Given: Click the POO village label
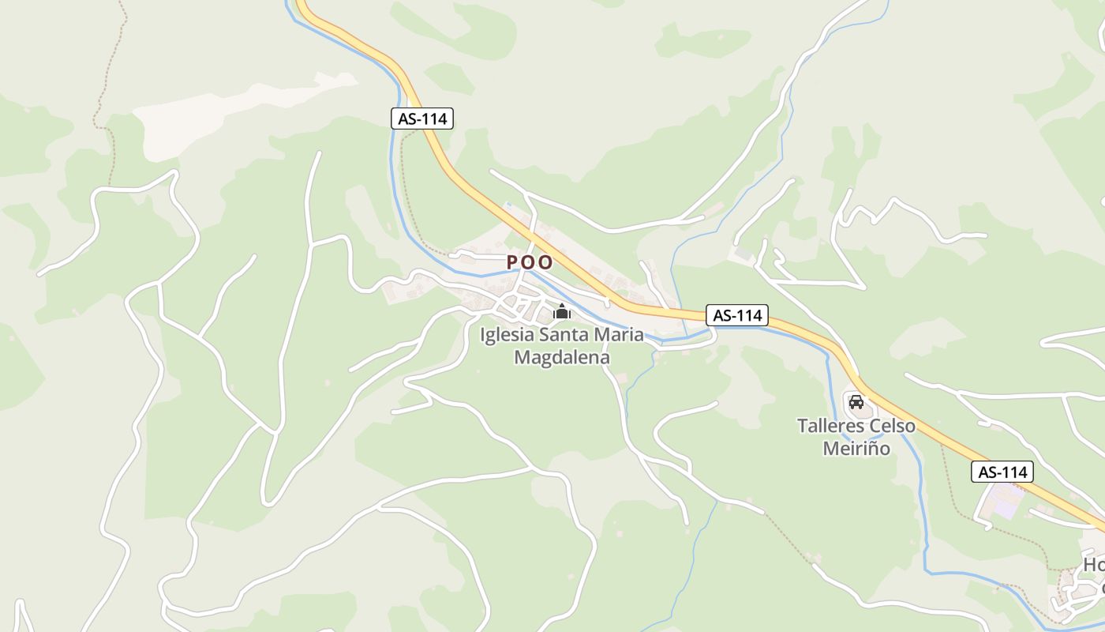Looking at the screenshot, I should click(x=530, y=261).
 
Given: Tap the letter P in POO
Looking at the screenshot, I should click(x=512, y=261).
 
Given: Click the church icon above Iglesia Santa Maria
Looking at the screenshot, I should click(x=562, y=312).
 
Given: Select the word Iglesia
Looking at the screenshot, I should click(x=506, y=335).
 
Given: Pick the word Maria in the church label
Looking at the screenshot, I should click(x=619, y=335).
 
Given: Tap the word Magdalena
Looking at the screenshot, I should click(x=562, y=357).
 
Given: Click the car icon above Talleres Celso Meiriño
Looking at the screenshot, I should click(x=856, y=401).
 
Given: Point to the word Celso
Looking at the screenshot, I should click(x=892, y=426).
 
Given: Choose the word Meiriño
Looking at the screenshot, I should click(x=856, y=449).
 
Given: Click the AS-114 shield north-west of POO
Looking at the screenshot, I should click(x=422, y=119).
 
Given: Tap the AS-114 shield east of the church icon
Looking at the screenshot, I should click(x=737, y=315).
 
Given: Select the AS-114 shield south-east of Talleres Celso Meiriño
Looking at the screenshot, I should click(x=1002, y=472).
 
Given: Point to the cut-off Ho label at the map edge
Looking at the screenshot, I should click(x=1094, y=566).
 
